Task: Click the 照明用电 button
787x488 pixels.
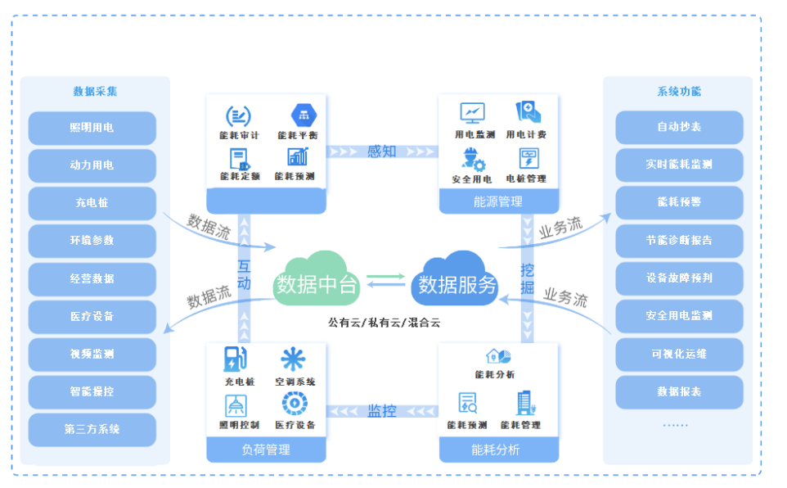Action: coord(92,128)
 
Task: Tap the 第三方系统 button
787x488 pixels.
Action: coord(92,429)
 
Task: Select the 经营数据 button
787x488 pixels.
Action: coord(92,278)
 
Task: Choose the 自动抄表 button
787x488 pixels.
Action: coord(679,128)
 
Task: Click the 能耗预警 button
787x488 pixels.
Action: coord(679,202)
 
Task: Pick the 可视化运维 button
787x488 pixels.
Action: coord(679,354)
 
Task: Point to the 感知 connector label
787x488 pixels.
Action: coord(381,151)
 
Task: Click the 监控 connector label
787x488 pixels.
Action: coord(381,410)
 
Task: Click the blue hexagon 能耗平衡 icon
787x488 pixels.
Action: coord(299,115)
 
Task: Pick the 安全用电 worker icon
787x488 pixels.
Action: coord(473,158)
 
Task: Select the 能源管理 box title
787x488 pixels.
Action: coord(497,201)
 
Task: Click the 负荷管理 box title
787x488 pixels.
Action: coord(266,450)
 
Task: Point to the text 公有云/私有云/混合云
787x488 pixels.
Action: coord(384,323)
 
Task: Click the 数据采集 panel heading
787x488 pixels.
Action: coord(95,92)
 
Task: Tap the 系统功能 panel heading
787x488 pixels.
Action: coord(679,92)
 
